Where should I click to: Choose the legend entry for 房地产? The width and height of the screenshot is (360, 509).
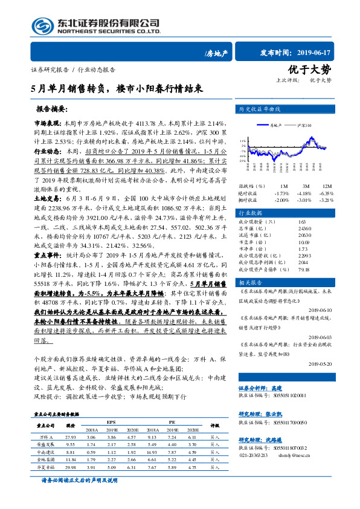[x=275, y=125]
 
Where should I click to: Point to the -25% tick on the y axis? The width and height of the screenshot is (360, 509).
[x=242, y=161]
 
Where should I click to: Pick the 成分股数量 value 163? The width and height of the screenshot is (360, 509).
[x=302, y=222]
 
